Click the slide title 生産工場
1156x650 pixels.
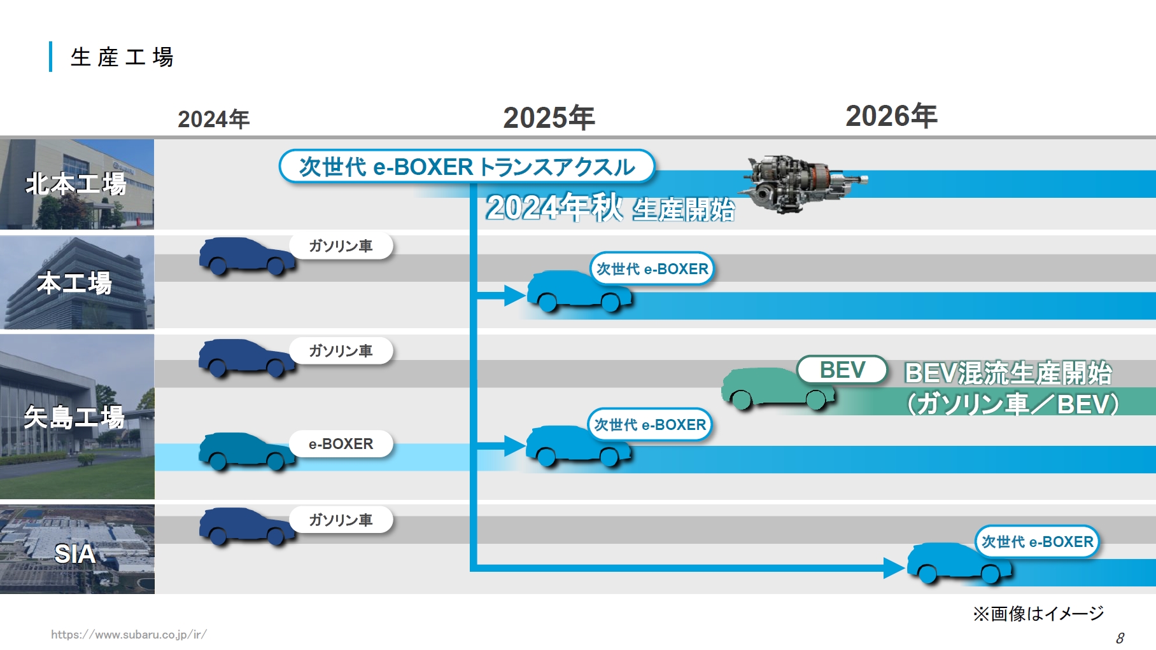[x=122, y=57]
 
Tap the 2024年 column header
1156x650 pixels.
[x=213, y=120]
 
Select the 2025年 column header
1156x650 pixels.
[x=549, y=118]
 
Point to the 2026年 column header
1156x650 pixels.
[x=891, y=116]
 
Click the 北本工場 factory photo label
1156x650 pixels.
[x=76, y=184]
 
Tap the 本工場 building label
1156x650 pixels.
[x=74, y=283]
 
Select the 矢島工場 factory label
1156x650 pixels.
[x=74, y=417]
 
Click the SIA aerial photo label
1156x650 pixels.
[x=74, y=554]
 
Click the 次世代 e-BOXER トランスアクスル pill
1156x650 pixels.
[x=467, y=167]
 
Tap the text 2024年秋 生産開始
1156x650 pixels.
[x=610, y=208]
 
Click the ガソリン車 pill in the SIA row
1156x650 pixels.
[x=341, y=520]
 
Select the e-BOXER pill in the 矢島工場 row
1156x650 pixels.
[x=341, y=444]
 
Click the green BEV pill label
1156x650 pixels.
[x=842, y=370]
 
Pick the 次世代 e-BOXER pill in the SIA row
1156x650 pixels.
[x=1037, y=542]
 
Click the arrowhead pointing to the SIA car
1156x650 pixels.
[x=894, y=567]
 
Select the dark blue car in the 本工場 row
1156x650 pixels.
[x=247, y=256]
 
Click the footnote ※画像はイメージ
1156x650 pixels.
[x=1038, y=614]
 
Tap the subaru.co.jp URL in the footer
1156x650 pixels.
[x=129, y=634]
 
